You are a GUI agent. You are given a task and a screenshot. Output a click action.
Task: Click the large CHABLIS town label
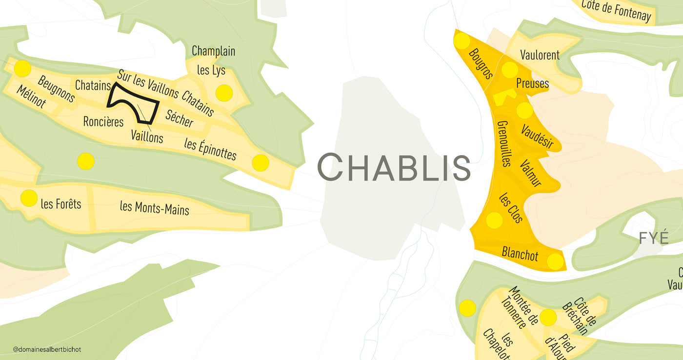394,167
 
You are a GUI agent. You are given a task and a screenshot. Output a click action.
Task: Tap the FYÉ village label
653,238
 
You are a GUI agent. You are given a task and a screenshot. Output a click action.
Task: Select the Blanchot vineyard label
520,254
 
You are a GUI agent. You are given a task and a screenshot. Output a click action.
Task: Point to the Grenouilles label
503,144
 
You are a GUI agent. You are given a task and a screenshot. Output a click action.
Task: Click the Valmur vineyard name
531,173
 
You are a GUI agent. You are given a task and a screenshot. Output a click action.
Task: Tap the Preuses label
532,83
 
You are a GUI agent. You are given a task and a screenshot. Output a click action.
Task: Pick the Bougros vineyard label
481,64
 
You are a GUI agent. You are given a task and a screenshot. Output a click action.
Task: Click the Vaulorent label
540,55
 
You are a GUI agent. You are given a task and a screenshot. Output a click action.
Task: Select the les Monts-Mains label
154,208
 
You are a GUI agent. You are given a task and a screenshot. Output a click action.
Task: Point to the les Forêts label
61,203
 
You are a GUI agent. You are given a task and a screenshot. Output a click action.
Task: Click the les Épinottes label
210,149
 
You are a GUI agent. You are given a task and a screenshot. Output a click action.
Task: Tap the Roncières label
103,121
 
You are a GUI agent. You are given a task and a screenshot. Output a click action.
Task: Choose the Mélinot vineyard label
31,97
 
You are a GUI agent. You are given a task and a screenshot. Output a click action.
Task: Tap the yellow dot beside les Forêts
29,198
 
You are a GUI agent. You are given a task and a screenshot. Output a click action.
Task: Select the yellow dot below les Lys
223,93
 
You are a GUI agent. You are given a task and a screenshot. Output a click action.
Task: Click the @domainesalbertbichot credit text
48,350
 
